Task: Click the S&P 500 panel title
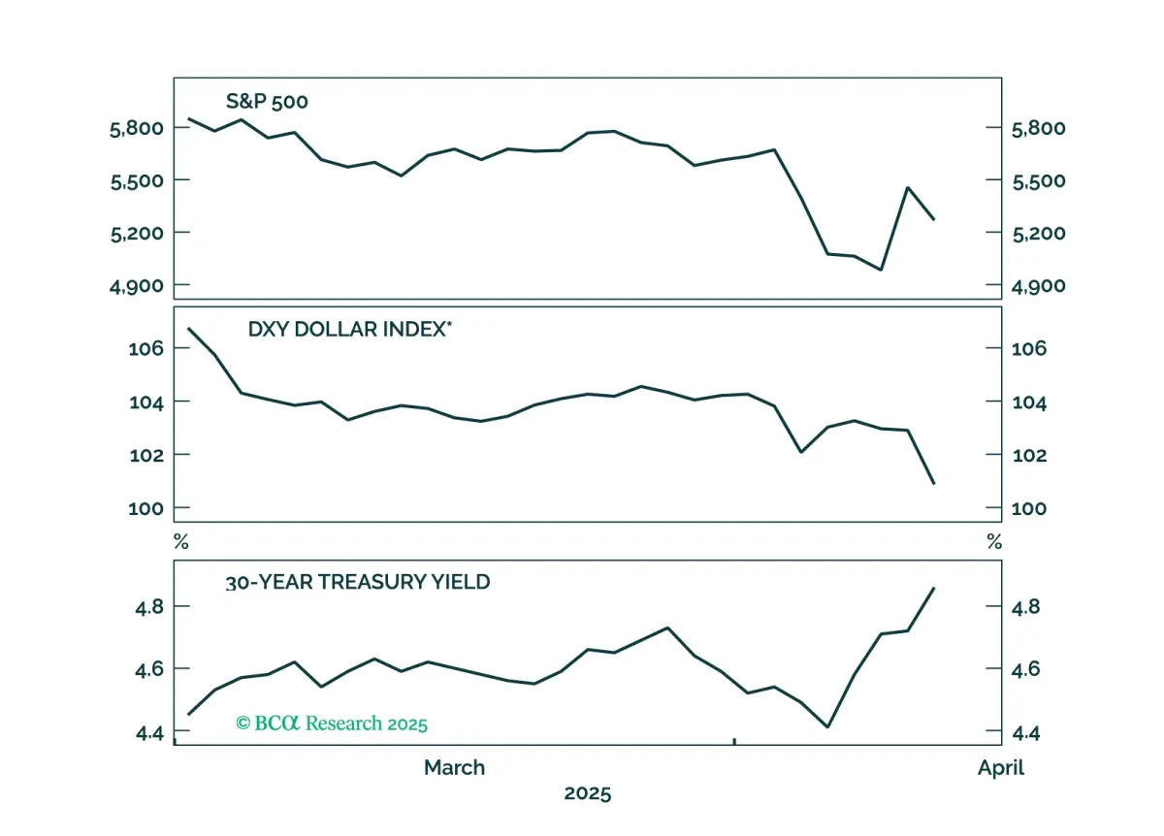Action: click(x=267, y=101)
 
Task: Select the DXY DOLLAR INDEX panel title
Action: click(x=350, y=330)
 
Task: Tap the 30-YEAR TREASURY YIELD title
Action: click(x=358, y=582)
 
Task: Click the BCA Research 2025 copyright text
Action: click(x=332, y=723)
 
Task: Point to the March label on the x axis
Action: click(x=455, y=767)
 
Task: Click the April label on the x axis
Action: click(x=1001, y=768)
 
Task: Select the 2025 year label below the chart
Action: click(x=588, y=793)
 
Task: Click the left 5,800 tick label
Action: click(x=137, y=129)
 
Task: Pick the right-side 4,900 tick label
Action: click(x=1038, y=286)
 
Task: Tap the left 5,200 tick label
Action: click(x=137, y=234)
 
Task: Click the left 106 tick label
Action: click(x=146, y=348)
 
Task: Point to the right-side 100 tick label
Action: click(x=1029, y=508)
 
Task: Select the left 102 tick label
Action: click(x=146, y=456)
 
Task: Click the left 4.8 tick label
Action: click(x=149, y=607)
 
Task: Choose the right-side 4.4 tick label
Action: click(x=1026, y=733)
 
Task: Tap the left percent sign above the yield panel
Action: click(x=180, y=542)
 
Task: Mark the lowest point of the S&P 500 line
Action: click(x=881, y=270)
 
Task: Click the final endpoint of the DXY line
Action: click(x=934, y=484)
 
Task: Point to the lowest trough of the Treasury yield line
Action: click(x=827, y=726)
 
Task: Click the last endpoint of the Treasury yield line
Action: click(x=934, y=588)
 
